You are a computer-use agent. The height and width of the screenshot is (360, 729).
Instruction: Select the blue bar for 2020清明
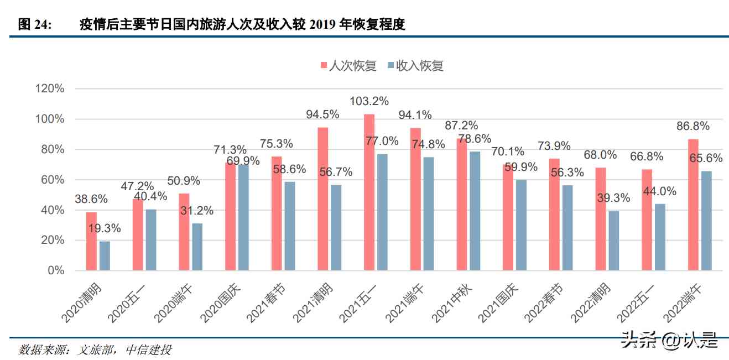pyautogui.click(x=105, y=256)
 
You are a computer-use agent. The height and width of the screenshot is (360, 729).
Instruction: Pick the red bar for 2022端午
pyautogui.click(x=692, y=205)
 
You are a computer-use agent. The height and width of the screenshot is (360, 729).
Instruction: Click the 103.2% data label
pyautogui.click(x=369, y=101)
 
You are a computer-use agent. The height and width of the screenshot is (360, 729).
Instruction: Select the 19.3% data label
pyautogui.click(x=104, y=228)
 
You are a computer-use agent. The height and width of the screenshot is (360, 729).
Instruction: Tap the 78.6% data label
pyautogui.click(x=475, y=138)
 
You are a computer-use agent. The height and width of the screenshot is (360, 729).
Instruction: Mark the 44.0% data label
pyautogui.click(x=660, y=191)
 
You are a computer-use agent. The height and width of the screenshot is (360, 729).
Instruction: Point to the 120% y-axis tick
pyautogui.click(x=50, y=89)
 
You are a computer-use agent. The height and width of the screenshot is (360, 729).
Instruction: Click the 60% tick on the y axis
pyautogui.click(x=53, y=180)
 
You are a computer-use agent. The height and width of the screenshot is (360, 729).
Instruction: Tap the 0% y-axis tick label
pyautogui.click(x=55, y=270)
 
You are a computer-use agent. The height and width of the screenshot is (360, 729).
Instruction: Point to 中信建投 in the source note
pyautogui.click(x=149, y=349)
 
